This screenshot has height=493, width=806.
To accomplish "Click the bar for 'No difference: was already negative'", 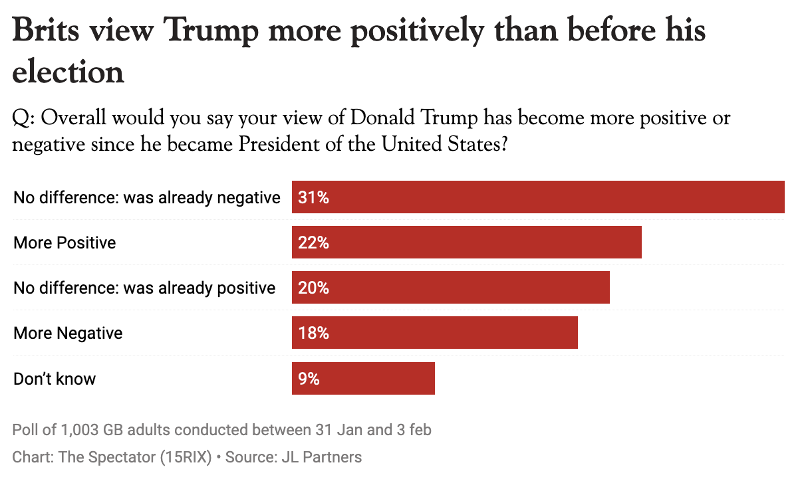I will coord(538,197).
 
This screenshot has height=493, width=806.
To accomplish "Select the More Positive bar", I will coord(466,243).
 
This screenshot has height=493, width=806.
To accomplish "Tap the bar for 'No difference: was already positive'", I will coord(450,288).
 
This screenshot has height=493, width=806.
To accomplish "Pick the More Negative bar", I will coord(434,333).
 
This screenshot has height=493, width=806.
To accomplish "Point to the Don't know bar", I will coord(363,379).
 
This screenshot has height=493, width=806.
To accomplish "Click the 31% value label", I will coord(314,197).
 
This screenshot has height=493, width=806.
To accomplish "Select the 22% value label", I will coord(314,243).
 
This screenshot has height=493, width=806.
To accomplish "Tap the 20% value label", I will coord(314,288).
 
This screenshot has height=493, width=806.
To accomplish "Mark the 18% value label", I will coord(314,333).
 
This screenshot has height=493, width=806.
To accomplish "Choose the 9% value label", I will coord(309,379).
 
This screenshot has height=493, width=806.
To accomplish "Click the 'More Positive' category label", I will coord(65,243).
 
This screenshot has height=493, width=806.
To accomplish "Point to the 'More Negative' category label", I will coord(68,333).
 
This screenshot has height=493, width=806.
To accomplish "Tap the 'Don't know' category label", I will coord(55,379).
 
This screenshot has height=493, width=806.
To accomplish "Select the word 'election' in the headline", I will coord(68,71).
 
